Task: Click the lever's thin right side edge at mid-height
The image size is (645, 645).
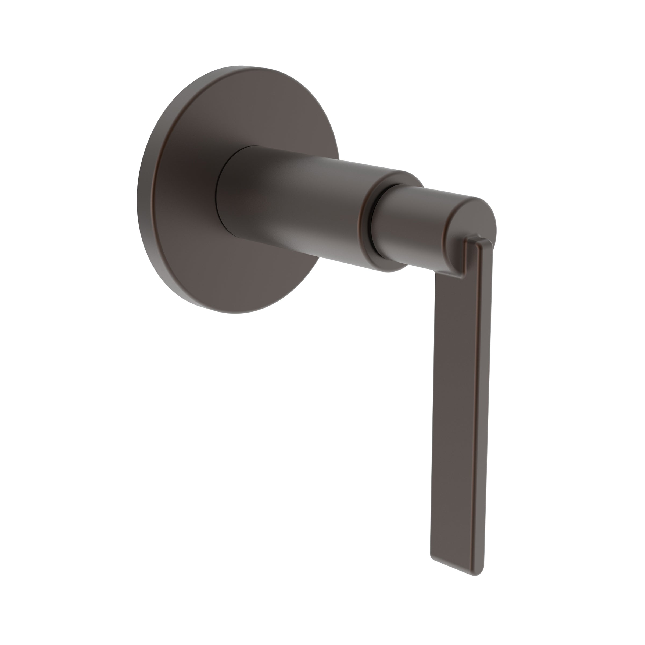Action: click(486, 401)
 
